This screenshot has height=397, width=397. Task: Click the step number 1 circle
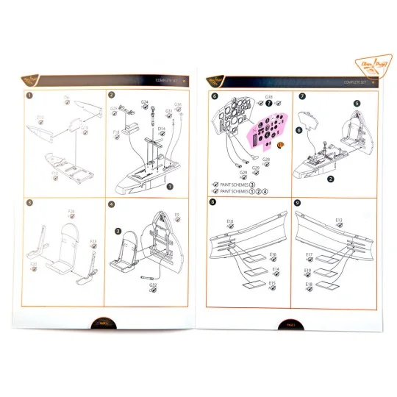point(29,94)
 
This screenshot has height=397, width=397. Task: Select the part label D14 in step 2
point(161,128)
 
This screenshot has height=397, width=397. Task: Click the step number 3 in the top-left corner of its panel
point(29,203)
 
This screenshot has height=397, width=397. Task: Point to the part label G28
point(265,160)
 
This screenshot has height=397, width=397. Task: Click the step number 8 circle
point(212,203)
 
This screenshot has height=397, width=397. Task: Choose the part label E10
point(229,221)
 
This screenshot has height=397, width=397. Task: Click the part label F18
point(116,132)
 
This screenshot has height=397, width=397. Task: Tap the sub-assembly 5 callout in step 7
point(356,104)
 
